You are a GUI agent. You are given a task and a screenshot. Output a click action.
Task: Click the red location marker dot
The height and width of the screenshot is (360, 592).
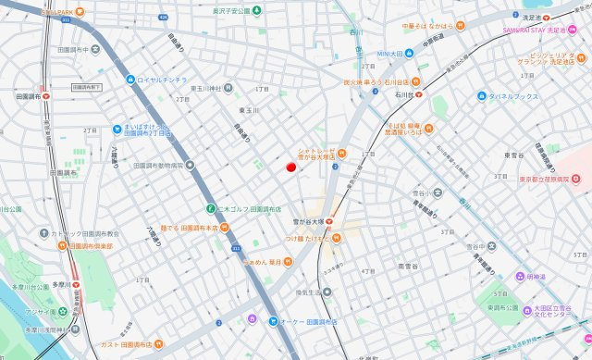click(x=290, y=168)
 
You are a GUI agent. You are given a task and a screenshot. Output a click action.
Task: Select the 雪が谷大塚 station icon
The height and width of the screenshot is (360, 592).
click(x=327, y=222)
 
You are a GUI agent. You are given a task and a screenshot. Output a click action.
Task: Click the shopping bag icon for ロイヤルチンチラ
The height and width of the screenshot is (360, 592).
click(x=130, y=80)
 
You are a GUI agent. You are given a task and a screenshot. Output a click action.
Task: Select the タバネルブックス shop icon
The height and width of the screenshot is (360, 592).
click(x=482, y=96)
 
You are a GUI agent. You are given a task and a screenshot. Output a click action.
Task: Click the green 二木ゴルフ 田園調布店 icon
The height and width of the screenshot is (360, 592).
click(x=211, y=208)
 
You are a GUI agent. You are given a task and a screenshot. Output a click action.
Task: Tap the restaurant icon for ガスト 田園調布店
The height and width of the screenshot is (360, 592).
click(x=158, y=344)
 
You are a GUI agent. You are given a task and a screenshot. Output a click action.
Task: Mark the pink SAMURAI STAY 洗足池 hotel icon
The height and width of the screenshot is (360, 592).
click(x=496, y=30)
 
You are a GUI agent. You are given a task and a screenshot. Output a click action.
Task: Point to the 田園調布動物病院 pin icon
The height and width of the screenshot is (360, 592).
click(x=190, y=167)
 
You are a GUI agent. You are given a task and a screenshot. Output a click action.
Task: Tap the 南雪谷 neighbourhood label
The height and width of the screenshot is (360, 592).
click(x=408, y=267)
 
